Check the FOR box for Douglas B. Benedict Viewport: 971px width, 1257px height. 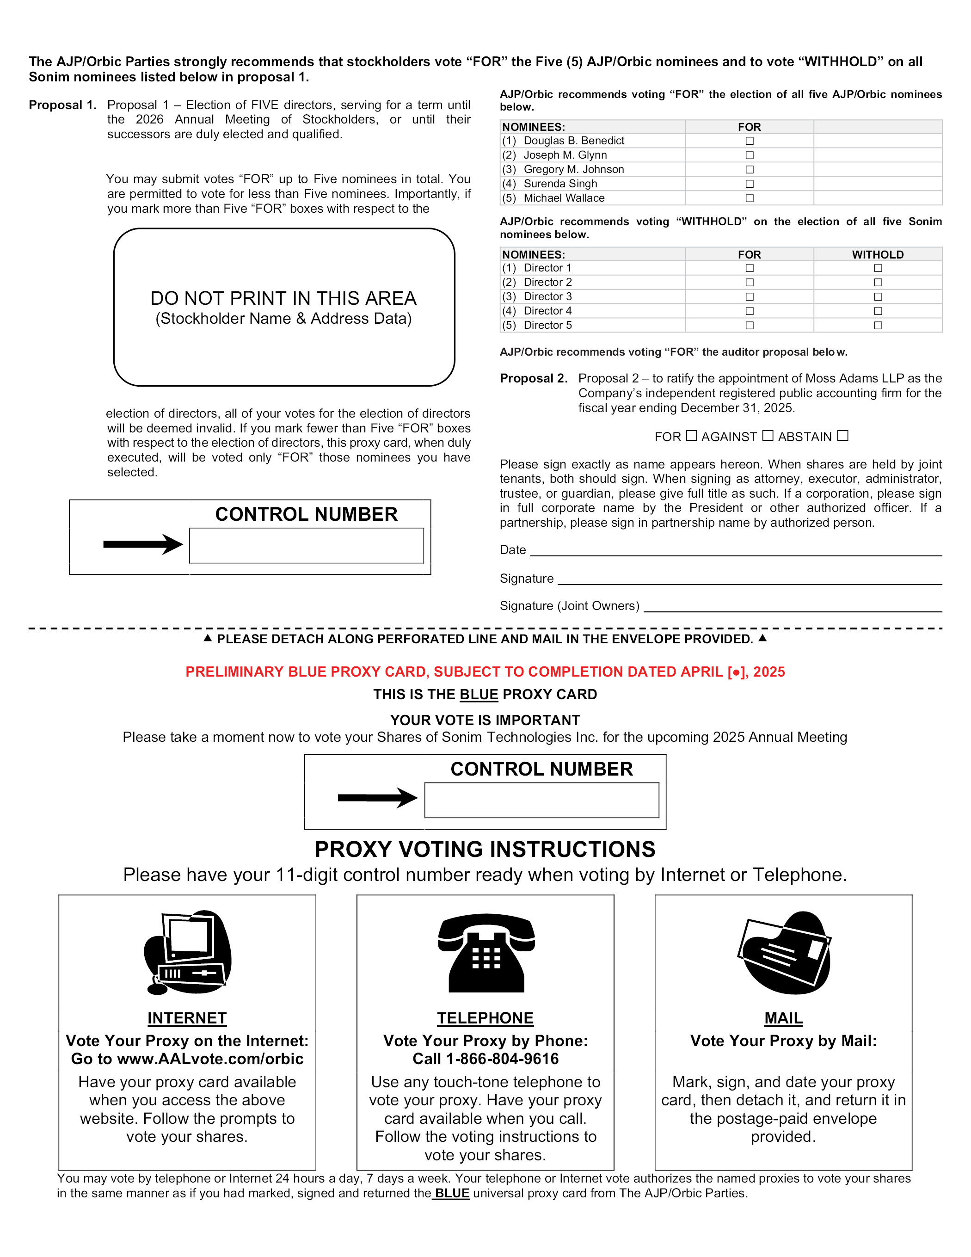coord(749,141)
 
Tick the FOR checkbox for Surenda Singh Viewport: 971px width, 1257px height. coord(749,184)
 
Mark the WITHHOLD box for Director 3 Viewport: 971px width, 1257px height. coord(878,296)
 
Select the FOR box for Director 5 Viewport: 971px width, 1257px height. coord(749,325)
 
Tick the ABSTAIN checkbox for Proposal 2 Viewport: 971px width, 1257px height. coord(842,436)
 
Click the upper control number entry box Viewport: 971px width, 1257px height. coord(306,545)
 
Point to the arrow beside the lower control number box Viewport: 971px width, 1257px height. coord(377,798)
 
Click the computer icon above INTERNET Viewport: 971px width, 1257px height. coord(188,952)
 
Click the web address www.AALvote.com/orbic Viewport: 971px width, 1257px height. coord(210,1059)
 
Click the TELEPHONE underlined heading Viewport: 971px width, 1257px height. coord(485,1018)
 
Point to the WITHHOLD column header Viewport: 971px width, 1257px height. coord(878,254)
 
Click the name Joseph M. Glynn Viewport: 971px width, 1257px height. coord(565,155)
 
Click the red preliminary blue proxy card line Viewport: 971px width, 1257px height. coord(485,672)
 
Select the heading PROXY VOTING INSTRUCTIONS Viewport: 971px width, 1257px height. coord(485,850)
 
